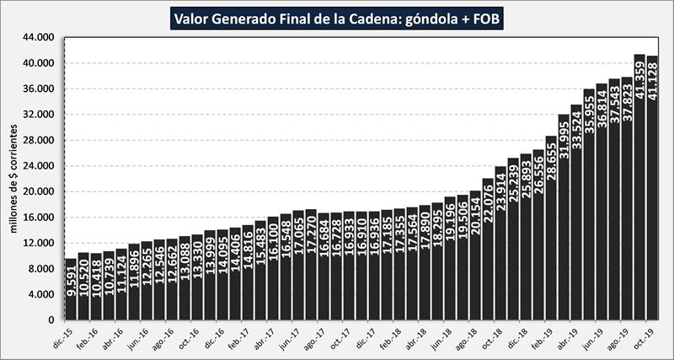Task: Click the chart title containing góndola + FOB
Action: tap(337, 17)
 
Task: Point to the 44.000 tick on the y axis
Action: tap(38, 38)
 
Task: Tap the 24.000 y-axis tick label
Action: tap(38, 166)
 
